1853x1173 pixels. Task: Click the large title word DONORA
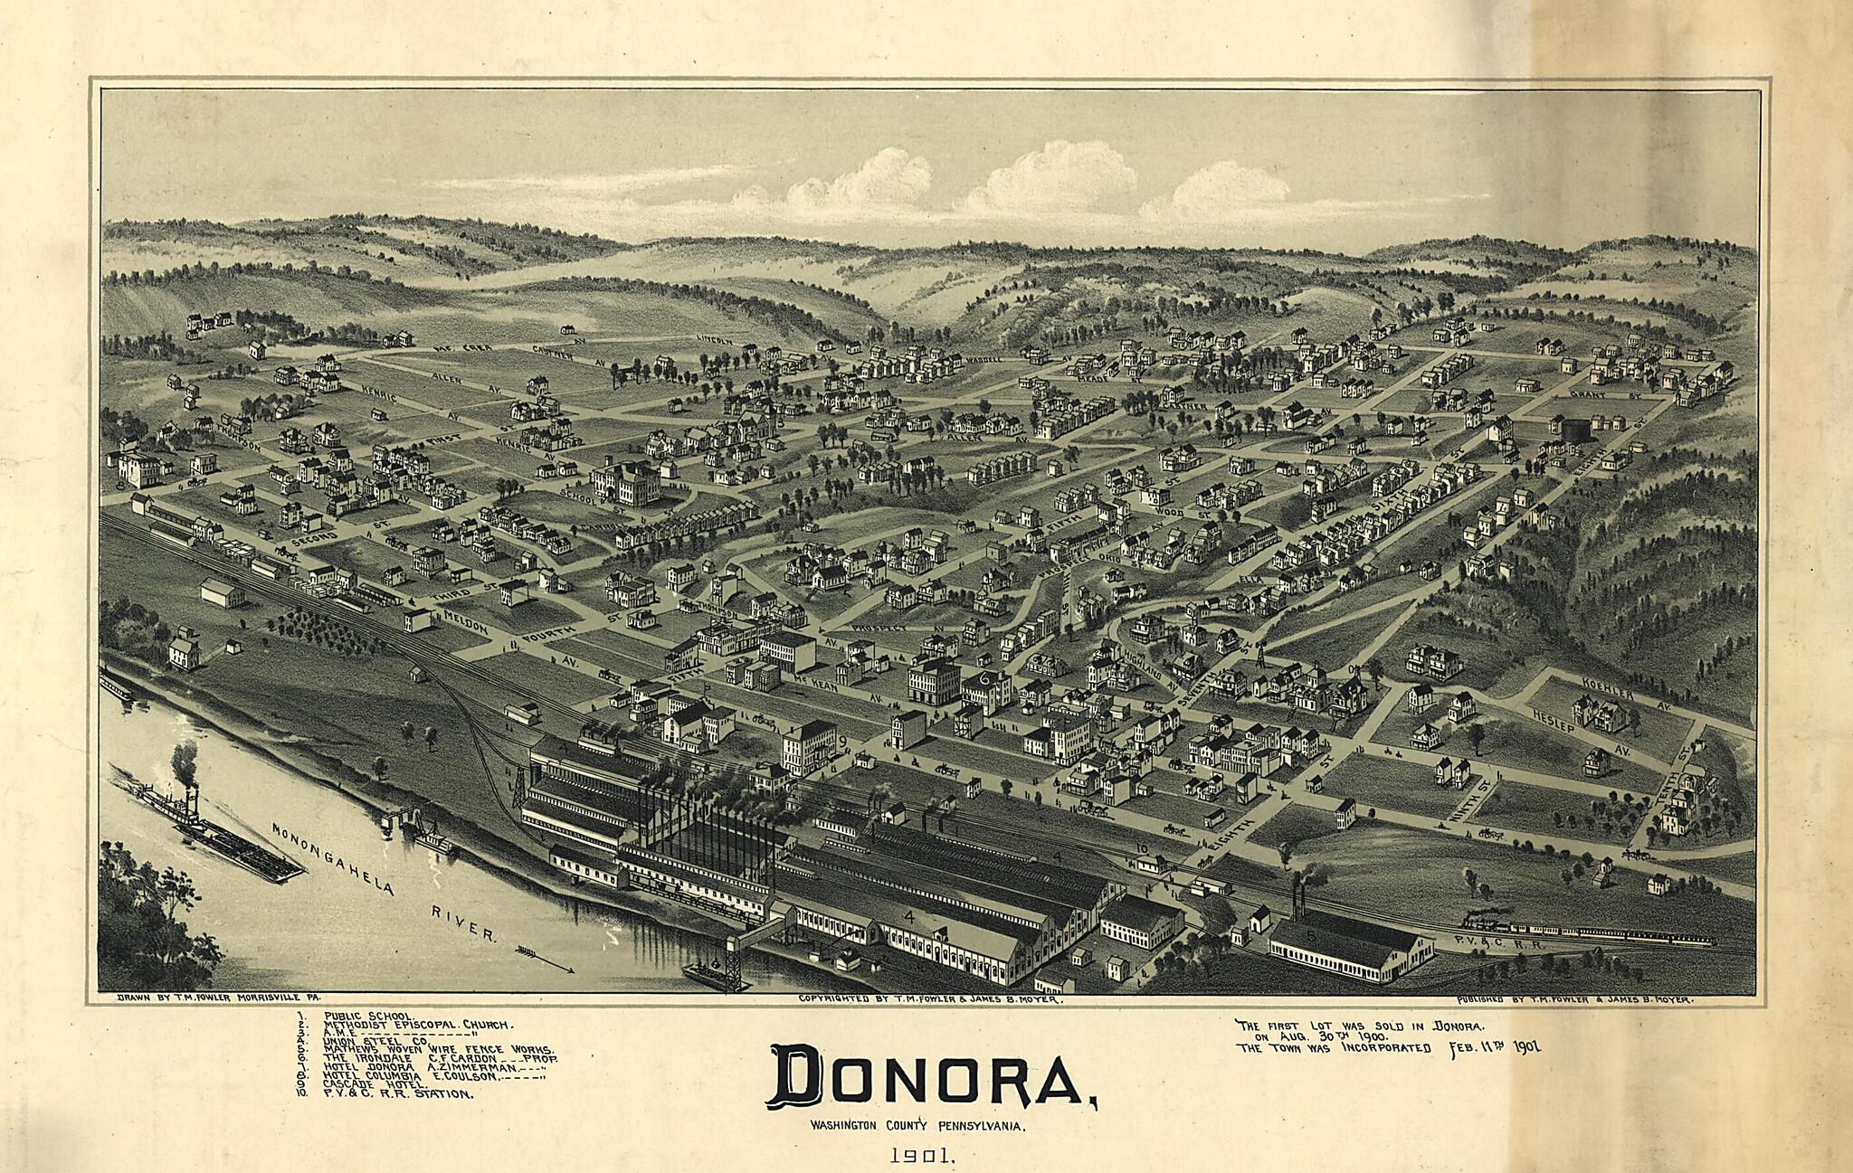[x=932, y=1078]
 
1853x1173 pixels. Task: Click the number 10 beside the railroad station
[x=1142, y=847]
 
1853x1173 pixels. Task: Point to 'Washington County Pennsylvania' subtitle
[x=917, y=1127]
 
